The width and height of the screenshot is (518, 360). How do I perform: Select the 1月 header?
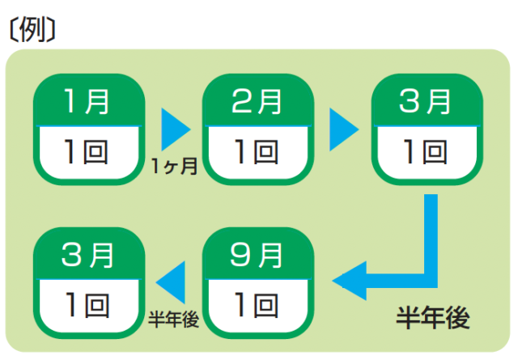click(87, 103)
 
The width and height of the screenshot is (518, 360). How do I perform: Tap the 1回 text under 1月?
click(87, 151)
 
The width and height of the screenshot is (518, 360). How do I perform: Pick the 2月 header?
click(257, 103)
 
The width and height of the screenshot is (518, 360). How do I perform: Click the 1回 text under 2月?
click(257, 151)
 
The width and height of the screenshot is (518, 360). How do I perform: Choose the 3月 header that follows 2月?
click(426, 103)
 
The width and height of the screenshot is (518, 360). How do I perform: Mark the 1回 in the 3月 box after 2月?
click(426, 151)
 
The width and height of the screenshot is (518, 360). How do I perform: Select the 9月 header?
click(257, 256)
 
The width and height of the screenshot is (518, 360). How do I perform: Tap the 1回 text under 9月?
click(257, 305)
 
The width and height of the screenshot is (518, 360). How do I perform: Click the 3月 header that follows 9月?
click(87, 256)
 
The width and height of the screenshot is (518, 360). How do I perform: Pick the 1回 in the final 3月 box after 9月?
click(87, 305)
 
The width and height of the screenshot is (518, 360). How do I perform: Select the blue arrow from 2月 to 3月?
click(342, 128)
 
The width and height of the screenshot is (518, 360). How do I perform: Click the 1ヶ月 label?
click(174, 167)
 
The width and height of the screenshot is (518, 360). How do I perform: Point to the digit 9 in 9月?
click(242, 256)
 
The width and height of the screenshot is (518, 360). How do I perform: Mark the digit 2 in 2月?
click(242, 103)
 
